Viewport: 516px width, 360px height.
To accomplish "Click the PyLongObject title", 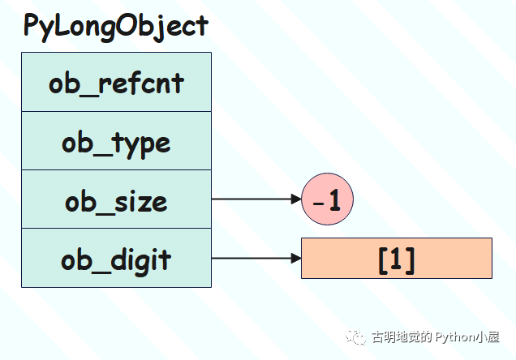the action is click(116, 27).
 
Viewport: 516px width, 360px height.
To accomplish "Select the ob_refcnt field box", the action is click(116, 82).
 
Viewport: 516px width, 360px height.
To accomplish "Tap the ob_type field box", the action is click(116, 141).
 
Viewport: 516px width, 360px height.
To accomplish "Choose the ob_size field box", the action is click(116, 199).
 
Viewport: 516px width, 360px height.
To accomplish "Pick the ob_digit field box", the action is click(116, 258).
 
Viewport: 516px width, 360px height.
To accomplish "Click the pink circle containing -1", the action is click(328, 199).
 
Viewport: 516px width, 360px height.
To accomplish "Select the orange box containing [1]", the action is click(397, 258).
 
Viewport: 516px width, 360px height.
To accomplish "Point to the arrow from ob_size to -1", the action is click(256, 199).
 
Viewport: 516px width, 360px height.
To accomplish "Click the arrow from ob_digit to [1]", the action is click(256, 258).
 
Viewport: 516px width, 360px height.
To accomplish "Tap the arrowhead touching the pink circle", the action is click(296, 199).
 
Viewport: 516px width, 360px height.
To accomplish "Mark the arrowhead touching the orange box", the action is click(296, 258).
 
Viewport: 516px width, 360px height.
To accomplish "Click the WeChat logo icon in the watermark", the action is click(355, 337).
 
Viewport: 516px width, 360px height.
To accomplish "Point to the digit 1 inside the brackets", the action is click(396, 258).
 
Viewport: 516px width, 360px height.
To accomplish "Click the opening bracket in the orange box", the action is click(383, 260).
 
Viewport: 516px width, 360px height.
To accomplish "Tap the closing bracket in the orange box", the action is click(410, 260).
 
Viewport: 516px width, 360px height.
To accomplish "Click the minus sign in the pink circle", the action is click(318, 204).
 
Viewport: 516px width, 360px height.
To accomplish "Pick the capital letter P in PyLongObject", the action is click(31, 25).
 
